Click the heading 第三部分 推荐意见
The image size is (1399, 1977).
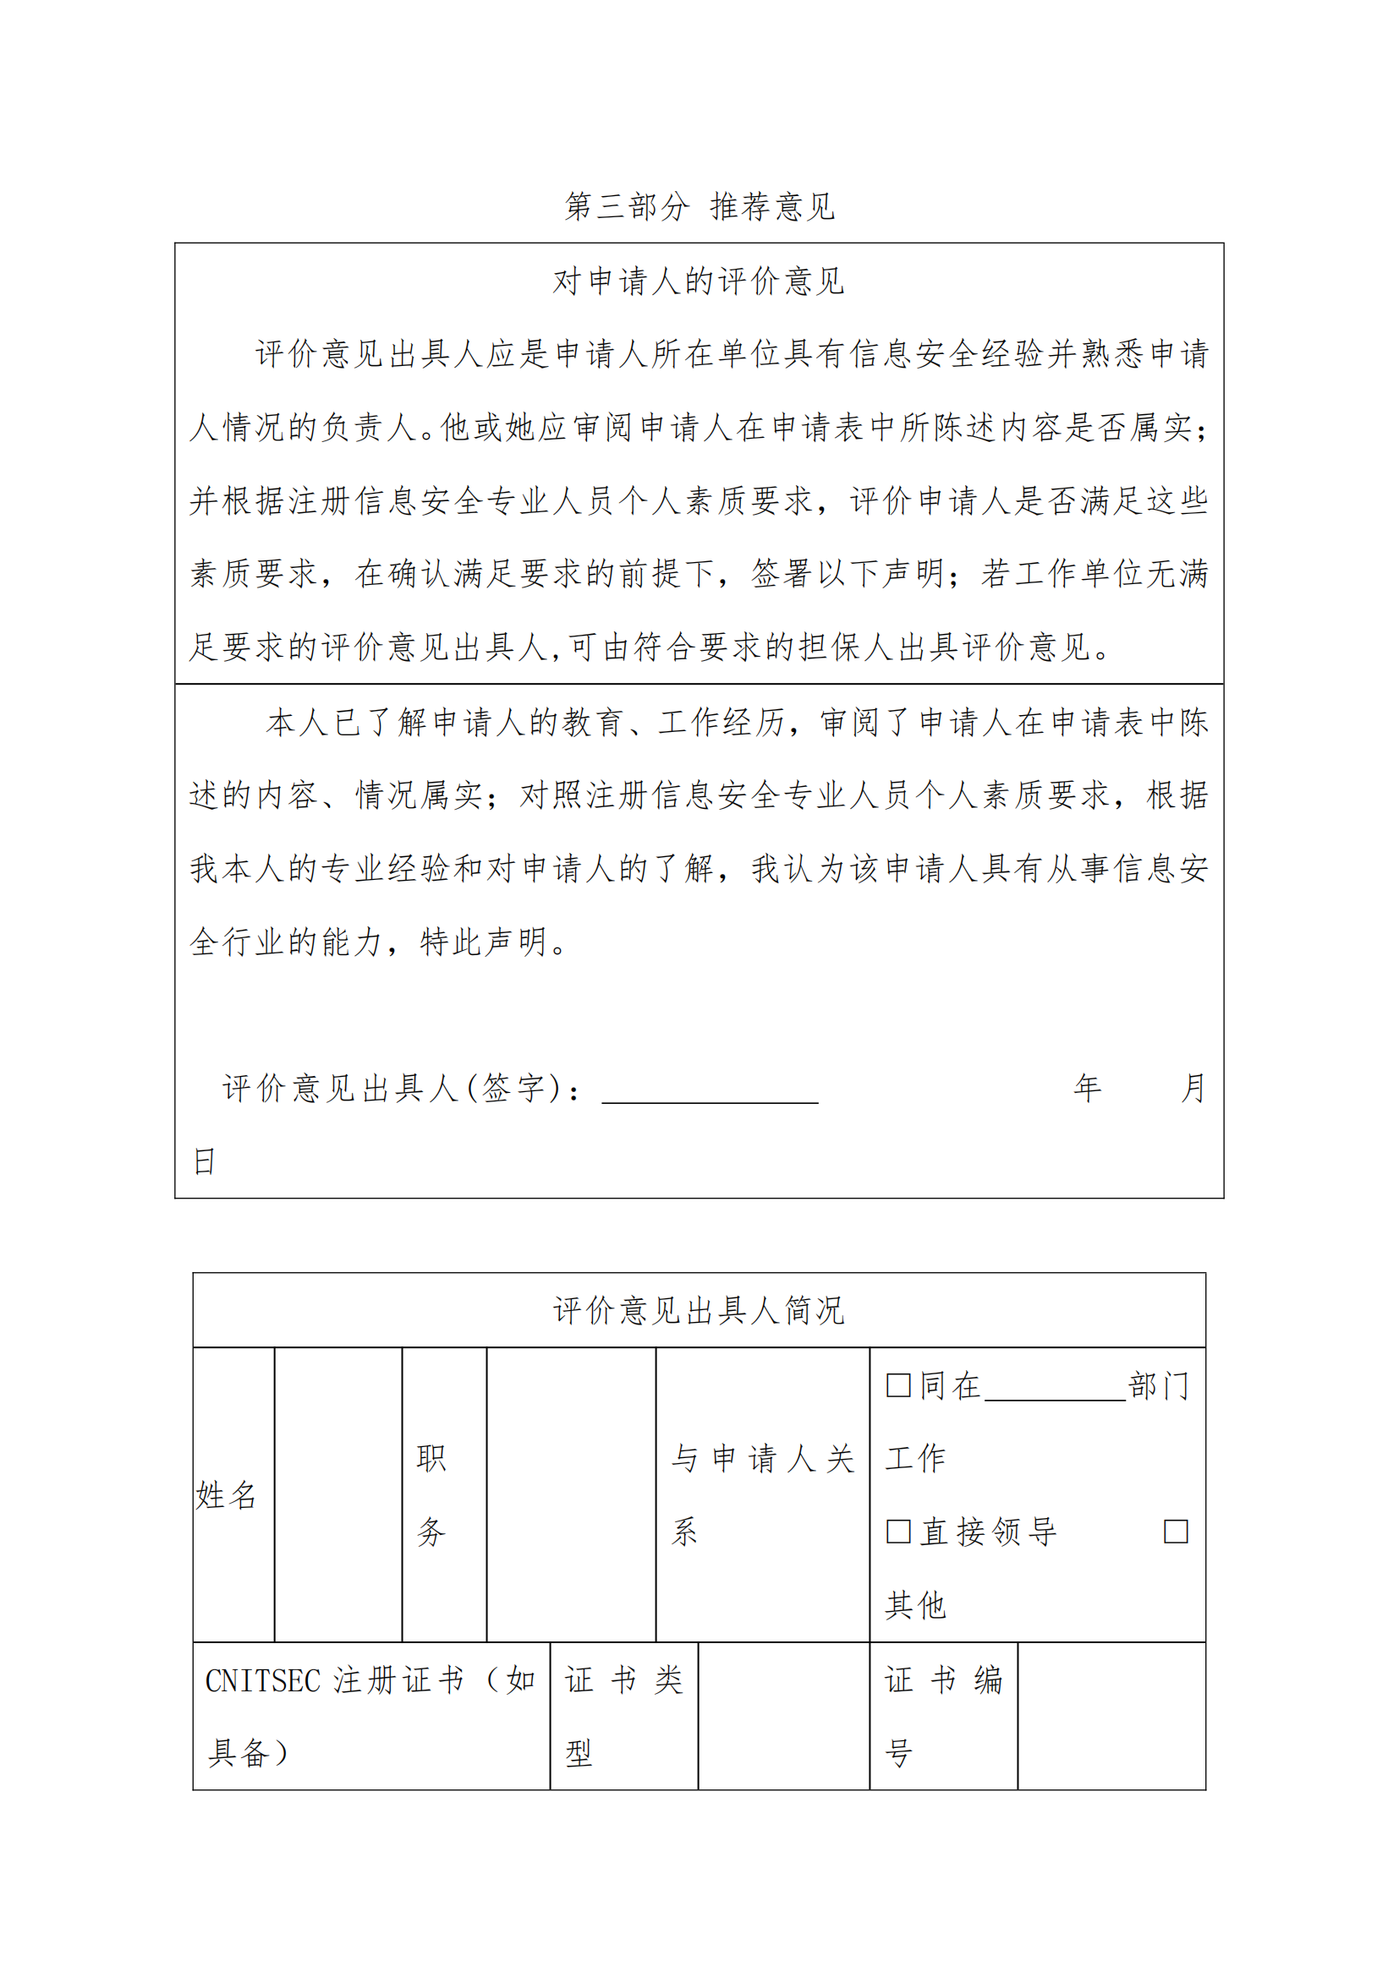click(x=699, y=206)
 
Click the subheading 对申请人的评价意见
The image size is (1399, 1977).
click(x=699, y=281)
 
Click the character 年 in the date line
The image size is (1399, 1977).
click(x=1087, y=1089)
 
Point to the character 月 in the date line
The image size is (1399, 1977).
click(x=1193, y=1089)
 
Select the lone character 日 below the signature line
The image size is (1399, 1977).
click(x=204, y=1161)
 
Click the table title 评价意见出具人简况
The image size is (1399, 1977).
click(x=699, y=1311)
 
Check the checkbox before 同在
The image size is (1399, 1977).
click(x=898, y=1385)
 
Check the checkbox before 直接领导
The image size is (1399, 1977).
click(x=898, y=1532)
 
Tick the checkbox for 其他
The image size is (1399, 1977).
click(x=1176, y=1532)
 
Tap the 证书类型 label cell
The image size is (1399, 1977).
click(x=623, y=1716)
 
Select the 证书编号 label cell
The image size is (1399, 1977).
click(x=943, y=1716)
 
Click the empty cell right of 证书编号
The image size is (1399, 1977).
click(x=1111, y=1716)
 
